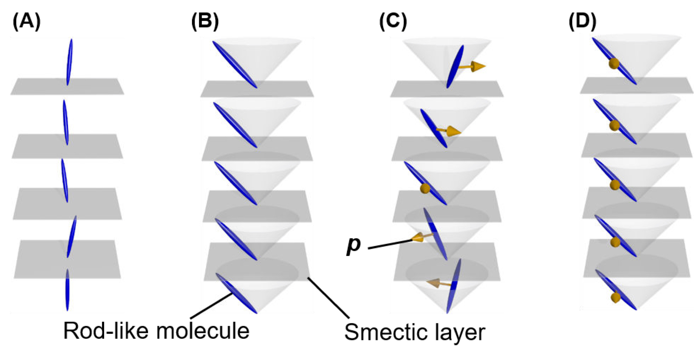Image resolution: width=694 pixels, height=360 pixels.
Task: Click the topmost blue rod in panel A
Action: click(x=70, y=62)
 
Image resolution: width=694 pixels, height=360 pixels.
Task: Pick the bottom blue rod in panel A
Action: click(x=67, y=290)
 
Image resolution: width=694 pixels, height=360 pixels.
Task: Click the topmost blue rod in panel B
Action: click(x=235, y=64)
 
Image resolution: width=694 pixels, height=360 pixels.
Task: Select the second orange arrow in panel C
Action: click(x=450, y=131)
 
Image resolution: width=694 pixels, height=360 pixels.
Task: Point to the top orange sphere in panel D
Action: click(x=614, y=64)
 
